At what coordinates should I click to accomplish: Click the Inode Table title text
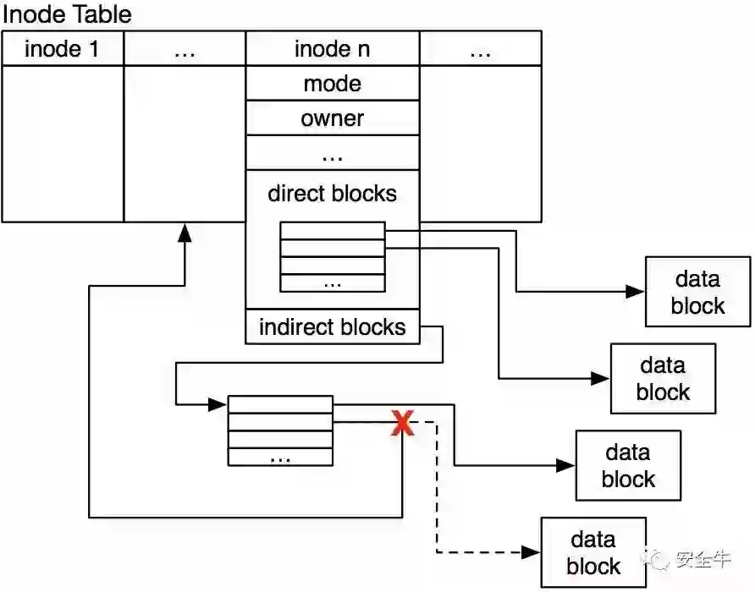[x=68, y=14]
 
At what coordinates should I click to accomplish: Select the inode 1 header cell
[x=62, y=49]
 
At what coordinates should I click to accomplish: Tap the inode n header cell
[x=333, y=49]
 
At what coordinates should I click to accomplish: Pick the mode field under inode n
[x=333, y=84]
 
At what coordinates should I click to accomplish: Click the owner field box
[x=333, y=118]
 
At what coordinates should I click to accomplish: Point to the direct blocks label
[x=333, y=194]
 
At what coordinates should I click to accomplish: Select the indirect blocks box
[x=333, y=327]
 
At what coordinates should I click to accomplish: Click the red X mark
[x=402, y=423]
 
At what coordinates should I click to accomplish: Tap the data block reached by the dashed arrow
[x=594, y=553]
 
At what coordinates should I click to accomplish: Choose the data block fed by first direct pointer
[x=697, y=293]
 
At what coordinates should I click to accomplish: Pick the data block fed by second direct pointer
[x=663, y=379]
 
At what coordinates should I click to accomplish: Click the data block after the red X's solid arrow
[x=628, y=466]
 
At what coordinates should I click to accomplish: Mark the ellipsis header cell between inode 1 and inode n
[x=185, y=49]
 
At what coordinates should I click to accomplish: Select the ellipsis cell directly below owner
[x=333, y=154]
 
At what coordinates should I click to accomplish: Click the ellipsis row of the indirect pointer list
[x=280, y=457]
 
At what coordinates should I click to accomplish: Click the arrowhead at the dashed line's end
[x=532, y=552]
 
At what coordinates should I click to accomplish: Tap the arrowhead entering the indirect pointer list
[x=220, y=403]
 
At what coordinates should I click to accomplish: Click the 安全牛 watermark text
[x=703, y=560]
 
